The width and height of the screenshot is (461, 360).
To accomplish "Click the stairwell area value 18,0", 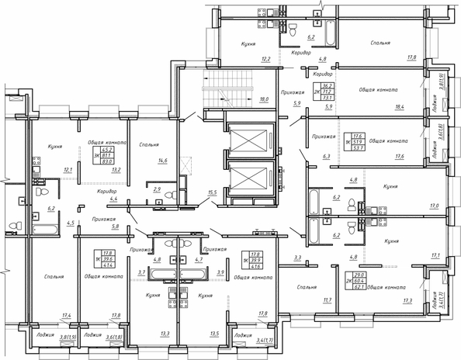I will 264,99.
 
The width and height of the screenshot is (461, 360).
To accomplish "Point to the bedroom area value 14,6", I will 164,162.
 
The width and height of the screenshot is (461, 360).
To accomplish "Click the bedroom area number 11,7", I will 327,299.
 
